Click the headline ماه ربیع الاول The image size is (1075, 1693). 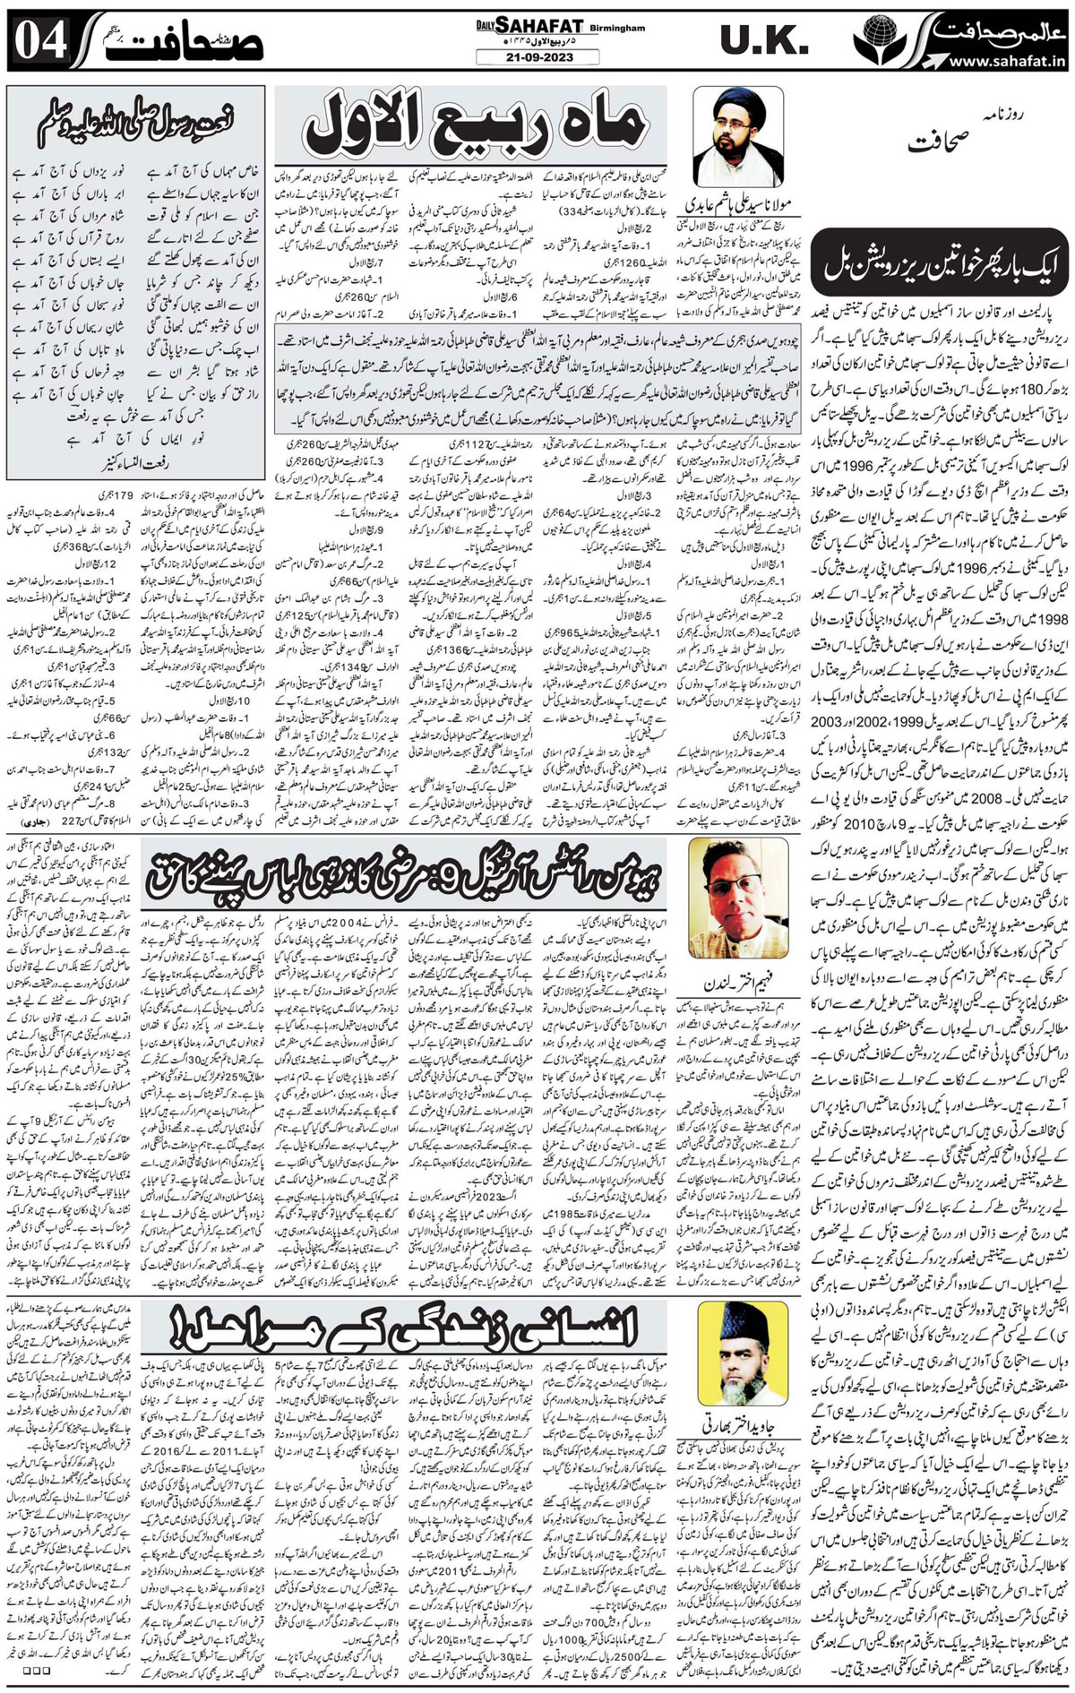coord(474,125)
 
